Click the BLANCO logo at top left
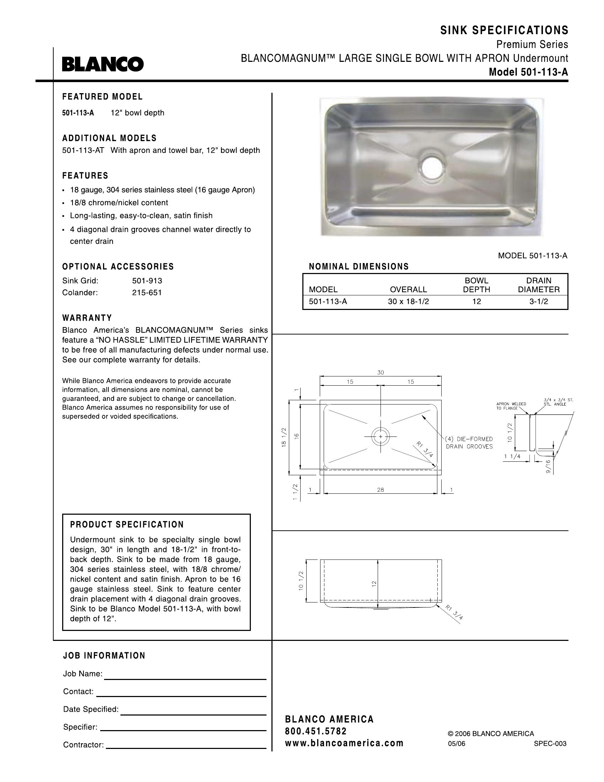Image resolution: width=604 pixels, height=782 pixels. (x=103, y=64)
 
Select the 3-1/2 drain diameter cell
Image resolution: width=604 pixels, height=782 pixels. (x=539, y=301)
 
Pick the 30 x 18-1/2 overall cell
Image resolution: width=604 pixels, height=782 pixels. (x=408, y=301)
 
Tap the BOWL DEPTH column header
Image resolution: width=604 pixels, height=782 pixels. (x=476, y=285)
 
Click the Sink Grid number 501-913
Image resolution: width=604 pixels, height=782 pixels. (x=147, y=281)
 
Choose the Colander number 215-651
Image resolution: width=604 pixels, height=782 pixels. (x=147, y=293)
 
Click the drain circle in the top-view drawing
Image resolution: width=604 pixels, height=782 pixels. (x=381, y=437)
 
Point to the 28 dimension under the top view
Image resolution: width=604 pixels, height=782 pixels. (x=381, y=489)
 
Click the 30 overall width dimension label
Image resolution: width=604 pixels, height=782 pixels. (x=381, y=373)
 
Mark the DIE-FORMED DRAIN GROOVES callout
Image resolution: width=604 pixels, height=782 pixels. (x=469, y=443)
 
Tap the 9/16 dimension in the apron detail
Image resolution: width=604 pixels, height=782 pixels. (x=548, y=467)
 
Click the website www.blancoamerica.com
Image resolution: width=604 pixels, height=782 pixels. (x=344, y=743)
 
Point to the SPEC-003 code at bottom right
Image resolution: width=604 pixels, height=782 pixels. (x=550, y=743)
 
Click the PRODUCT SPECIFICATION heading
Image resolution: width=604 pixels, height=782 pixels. (x=127, y=525)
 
